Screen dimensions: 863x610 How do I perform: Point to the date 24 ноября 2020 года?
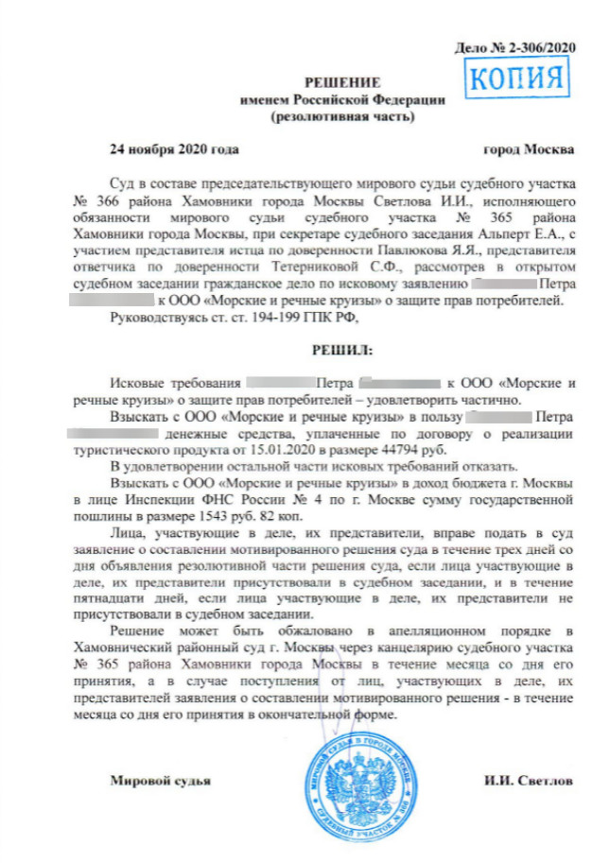174,149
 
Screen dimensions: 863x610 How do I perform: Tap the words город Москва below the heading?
527,149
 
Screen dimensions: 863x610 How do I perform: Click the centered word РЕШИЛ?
342,349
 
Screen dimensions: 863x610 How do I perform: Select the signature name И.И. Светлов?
527,782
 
